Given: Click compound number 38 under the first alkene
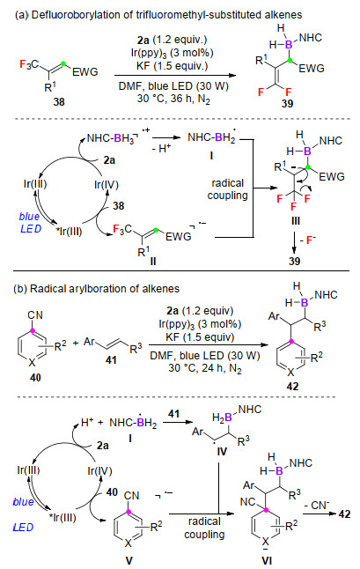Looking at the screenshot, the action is [59, 101].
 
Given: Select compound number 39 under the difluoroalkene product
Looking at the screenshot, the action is [287, 104].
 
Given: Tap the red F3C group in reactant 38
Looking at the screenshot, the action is [29, 64].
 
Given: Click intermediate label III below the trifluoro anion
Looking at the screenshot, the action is [295, 221].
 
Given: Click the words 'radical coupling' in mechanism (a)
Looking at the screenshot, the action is [228, 189].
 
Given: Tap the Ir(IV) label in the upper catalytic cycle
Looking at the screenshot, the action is [107, 185].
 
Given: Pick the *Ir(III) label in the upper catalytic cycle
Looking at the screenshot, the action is [70, 231].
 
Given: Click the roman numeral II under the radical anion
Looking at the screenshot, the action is [152, 262].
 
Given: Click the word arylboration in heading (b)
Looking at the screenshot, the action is [88, 289].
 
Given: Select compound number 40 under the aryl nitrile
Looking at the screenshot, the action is [35, 378].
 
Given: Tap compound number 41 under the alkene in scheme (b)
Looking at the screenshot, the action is [111, 359].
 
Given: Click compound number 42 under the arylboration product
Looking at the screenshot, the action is [292, 387].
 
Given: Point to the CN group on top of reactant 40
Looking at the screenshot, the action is [35, 315].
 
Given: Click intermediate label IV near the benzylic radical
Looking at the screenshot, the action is [222, 452].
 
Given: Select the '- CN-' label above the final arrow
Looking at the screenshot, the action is [317, 505].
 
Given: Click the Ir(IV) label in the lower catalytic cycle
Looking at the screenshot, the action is [99, 471].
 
